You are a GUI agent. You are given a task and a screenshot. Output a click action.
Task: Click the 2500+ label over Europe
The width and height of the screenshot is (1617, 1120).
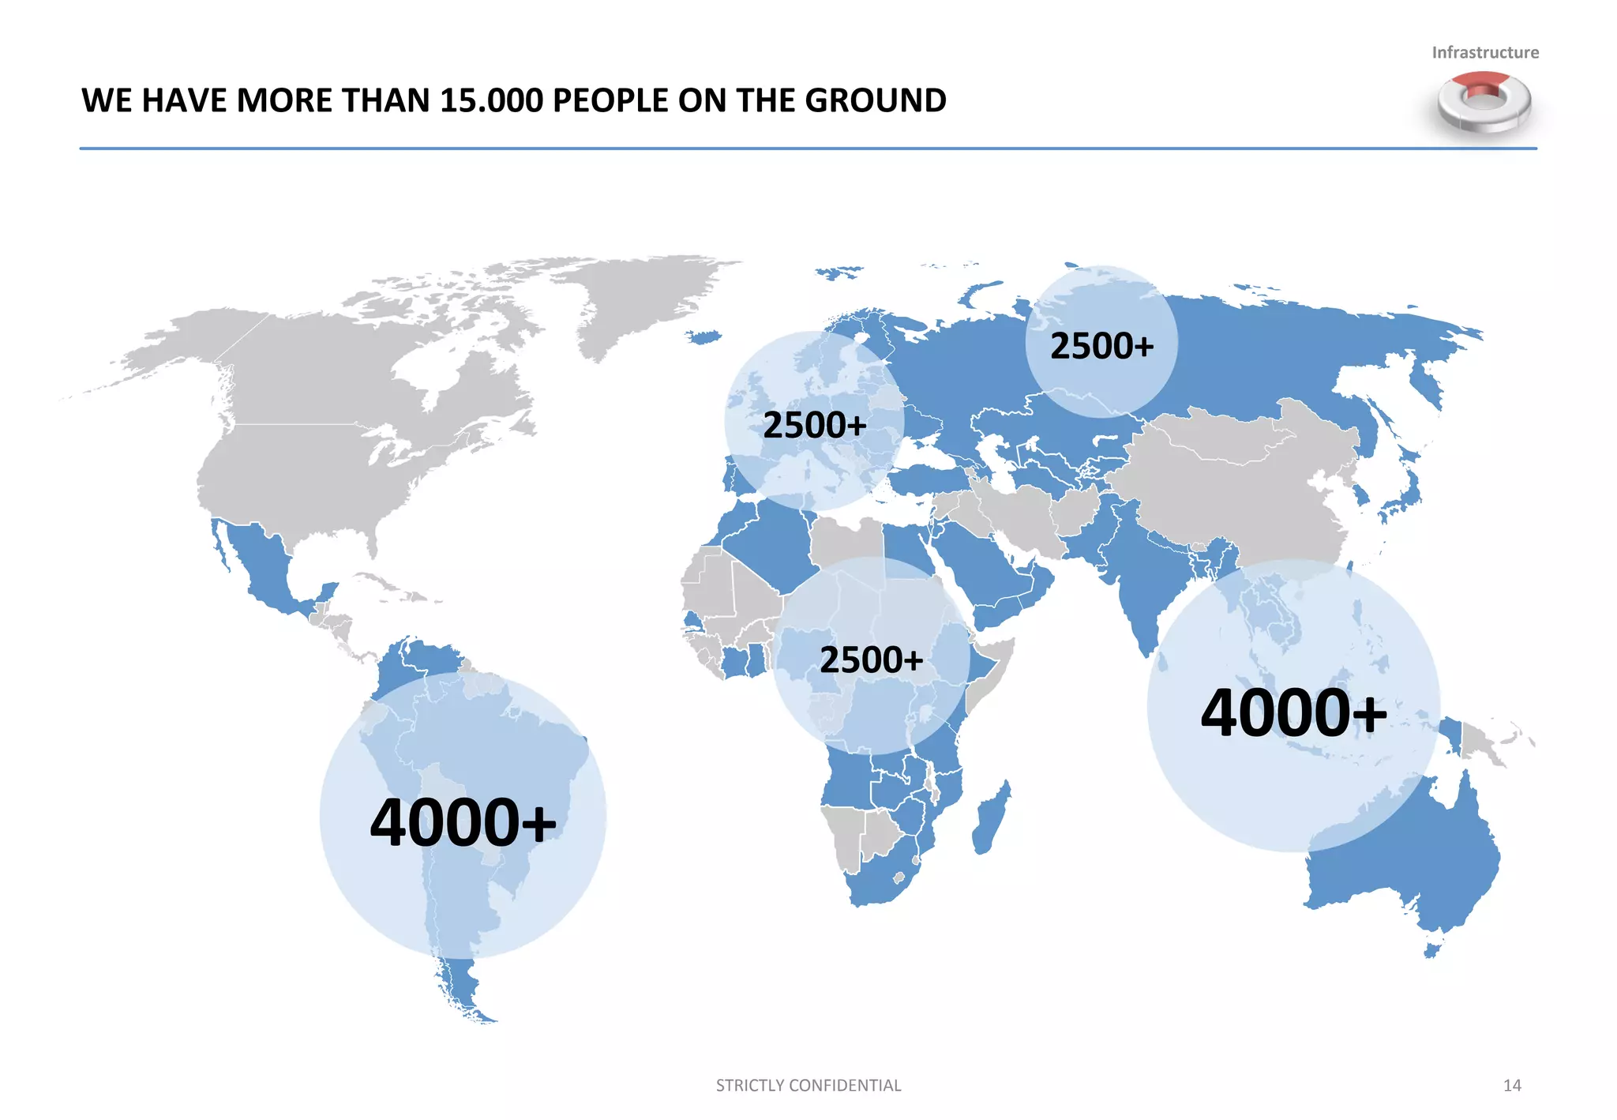tap(814, 425)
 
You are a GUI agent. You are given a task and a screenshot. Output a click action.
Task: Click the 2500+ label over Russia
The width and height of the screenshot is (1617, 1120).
tap(1101, 346)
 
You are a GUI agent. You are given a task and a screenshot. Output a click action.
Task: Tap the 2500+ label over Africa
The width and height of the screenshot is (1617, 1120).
tap(871, 660)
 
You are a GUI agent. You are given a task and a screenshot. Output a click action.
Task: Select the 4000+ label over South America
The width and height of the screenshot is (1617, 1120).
tap(463, 822)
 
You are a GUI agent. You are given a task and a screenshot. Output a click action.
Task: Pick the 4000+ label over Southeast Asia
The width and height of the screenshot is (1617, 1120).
tap(1293, 712)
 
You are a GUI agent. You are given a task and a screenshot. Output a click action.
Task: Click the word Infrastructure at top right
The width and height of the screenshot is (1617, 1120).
tap(1484, 52)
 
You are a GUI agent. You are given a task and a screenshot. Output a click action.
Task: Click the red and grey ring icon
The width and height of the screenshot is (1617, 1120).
tap(1484, 101)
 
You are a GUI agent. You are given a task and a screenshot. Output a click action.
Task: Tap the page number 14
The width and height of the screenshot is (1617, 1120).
tap(1511, 1085)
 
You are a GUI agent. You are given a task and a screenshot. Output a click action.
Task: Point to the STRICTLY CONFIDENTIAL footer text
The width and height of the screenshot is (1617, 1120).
tap(808, 1085)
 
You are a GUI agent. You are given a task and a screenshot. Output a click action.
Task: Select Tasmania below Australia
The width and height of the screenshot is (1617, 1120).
tap(1432, 950)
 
